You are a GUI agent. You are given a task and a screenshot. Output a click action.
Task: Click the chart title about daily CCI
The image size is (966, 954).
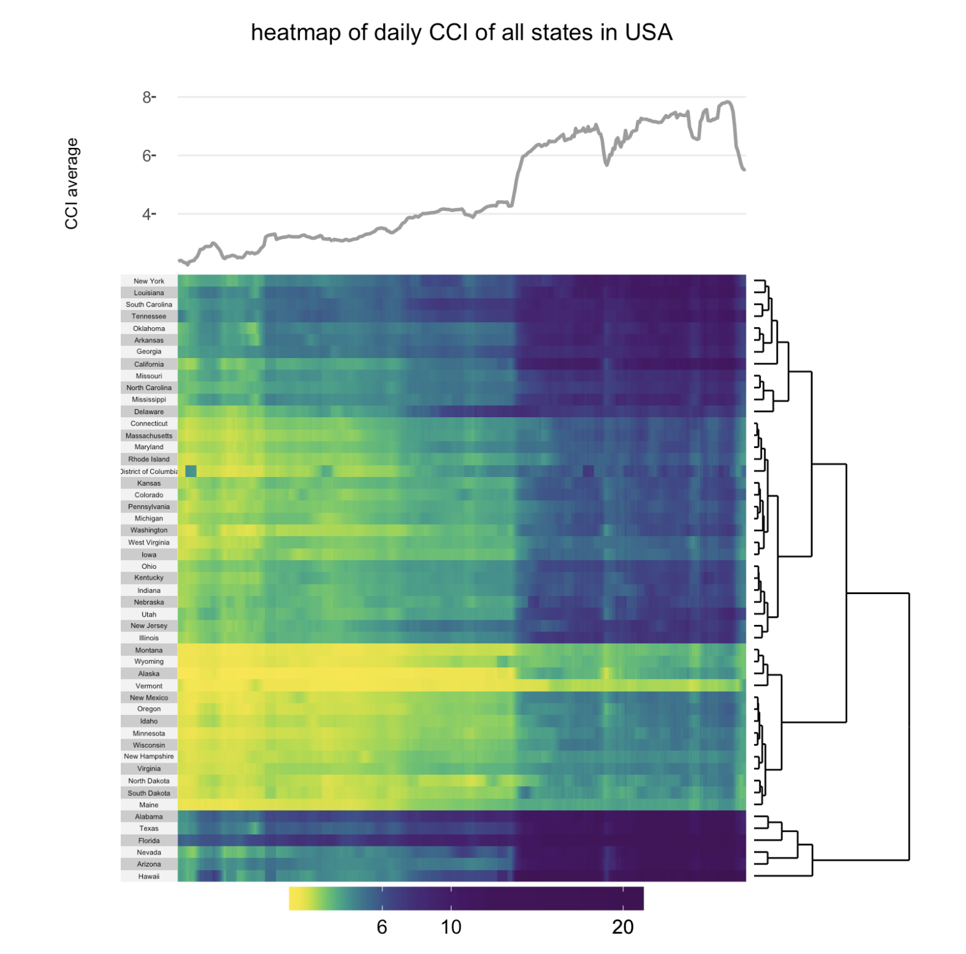coord(462,33)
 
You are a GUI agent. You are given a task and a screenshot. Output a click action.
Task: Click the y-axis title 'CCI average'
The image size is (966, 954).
coord(72,184)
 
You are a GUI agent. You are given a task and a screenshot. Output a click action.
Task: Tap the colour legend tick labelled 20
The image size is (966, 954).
coord(623,926)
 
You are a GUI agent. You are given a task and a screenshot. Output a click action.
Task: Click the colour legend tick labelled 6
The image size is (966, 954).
coord(382,926)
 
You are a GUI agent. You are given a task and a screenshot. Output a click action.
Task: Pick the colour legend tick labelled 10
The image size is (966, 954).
coord(451,926)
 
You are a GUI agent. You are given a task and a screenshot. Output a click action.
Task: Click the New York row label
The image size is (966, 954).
coord(149,281)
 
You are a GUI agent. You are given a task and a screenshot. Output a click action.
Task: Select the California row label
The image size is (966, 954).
coord(149,364)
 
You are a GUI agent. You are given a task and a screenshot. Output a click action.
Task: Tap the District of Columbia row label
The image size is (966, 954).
coord(149,471)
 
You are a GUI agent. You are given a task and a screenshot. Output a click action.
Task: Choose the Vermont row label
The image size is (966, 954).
coord(149,686)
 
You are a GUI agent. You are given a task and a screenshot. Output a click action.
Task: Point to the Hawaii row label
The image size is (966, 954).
coord(149,876)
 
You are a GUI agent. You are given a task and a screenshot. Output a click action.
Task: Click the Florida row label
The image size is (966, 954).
coord(149,841)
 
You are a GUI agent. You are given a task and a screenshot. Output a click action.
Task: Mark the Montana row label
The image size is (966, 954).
coord(149,650)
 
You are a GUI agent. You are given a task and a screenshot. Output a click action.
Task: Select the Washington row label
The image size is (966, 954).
coord(149,530)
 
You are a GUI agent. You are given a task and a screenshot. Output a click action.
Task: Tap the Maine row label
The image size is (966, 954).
coord(149,805)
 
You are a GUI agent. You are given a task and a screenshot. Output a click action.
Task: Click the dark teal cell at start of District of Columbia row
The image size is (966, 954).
coord(191,471)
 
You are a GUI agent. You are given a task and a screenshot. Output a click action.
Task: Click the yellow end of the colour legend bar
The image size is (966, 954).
coord(296,898)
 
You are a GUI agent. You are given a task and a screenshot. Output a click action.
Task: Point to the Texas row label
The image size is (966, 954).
coord(149,828)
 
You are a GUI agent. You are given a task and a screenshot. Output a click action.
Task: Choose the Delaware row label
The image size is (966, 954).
coord(149,412)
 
